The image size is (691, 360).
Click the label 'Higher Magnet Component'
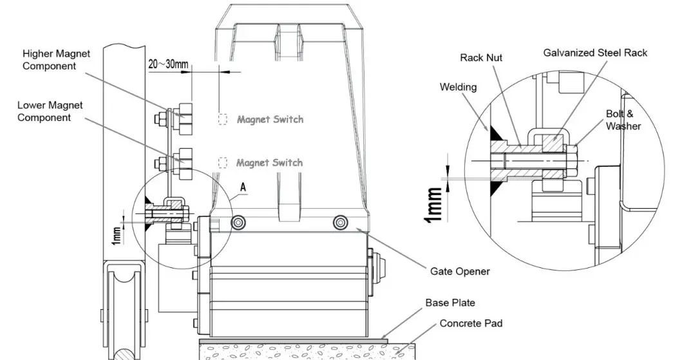pyautogui.click(x=57, y=59)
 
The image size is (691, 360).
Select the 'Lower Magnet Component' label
pyautogui.click(x=50, y=111)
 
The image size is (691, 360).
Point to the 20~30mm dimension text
pyautogui.click(x=168, y=64)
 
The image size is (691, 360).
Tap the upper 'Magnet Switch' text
pyautogui.click(x=270, y=119)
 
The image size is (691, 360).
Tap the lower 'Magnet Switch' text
pyautogui.click(x=269, y=162)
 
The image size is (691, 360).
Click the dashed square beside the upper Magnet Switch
pyautogui.click(x=223, y=119)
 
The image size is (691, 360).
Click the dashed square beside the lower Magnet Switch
pyautogui.click(x=223, y=162)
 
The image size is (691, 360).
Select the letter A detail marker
pyautogui.click(x=243, y=186)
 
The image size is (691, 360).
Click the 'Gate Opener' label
pyautogui.click(x=460, y=271)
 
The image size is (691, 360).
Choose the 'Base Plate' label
pyautogui.click(x=450, y=303)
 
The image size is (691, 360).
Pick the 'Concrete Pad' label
pyautogui.click(x=471, y=323)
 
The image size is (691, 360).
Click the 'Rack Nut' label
pyautogui.click(x=481, y=57)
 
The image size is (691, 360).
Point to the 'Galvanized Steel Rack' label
pyautogui.click(x=595, y=52)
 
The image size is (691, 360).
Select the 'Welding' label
pyautogui.click(x=458, y=86)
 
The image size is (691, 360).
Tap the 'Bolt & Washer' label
pyautogui.click(x=622, y=120)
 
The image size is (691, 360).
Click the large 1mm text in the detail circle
pyautogui.click(x=433, y=205)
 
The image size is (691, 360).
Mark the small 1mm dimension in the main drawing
pyautogui.click(x=117, y=235)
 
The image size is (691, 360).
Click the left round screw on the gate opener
pyautogui.click(x=239, y=222)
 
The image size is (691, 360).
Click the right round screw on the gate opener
pyautogui.click(x=340, y=222)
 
